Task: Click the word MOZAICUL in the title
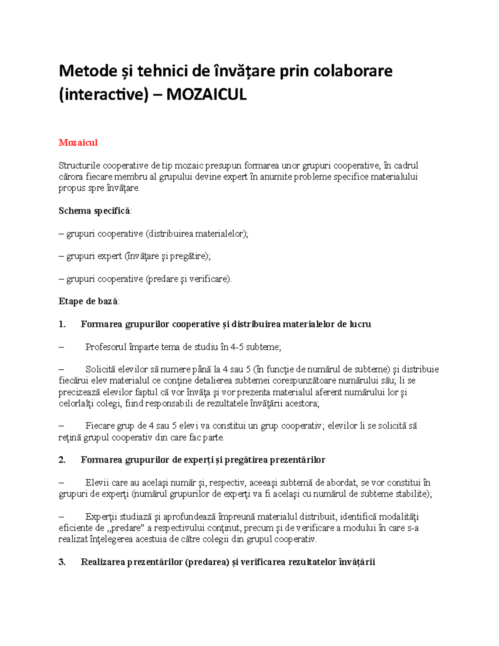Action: [206, 95]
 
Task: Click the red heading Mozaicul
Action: [78, 143]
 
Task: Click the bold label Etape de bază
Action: [88, 302]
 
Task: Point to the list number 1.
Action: [62, 324]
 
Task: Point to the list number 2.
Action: [62, 460]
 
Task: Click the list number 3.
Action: [62, 562]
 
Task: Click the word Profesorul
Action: [106, 347]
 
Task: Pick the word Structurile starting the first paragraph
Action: [79, 166]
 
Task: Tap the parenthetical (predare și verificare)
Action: [188, 279]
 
